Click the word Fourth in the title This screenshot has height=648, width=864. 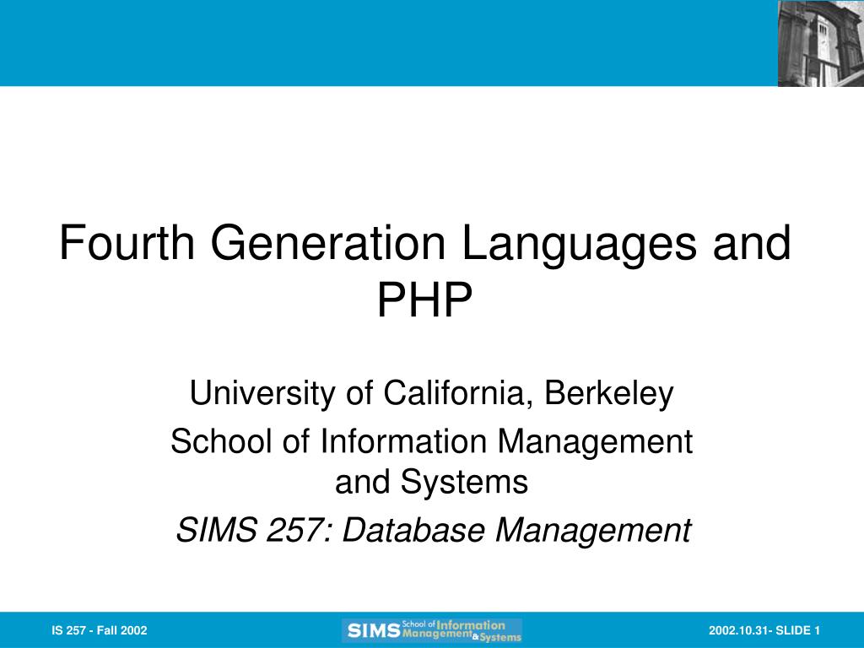pyautogui.click(x=127, y=244)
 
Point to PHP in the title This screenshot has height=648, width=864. pyautogui.click(x=424, y=300)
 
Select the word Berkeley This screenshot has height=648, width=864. pyautogui.click(x=610, y=394)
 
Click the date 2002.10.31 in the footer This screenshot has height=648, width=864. pyautogui.click(x=737, y=630)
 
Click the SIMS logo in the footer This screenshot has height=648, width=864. pyautogui.click(x=432, y=630)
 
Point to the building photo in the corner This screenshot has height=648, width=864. pyautogui.click(x=820, y=43)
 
